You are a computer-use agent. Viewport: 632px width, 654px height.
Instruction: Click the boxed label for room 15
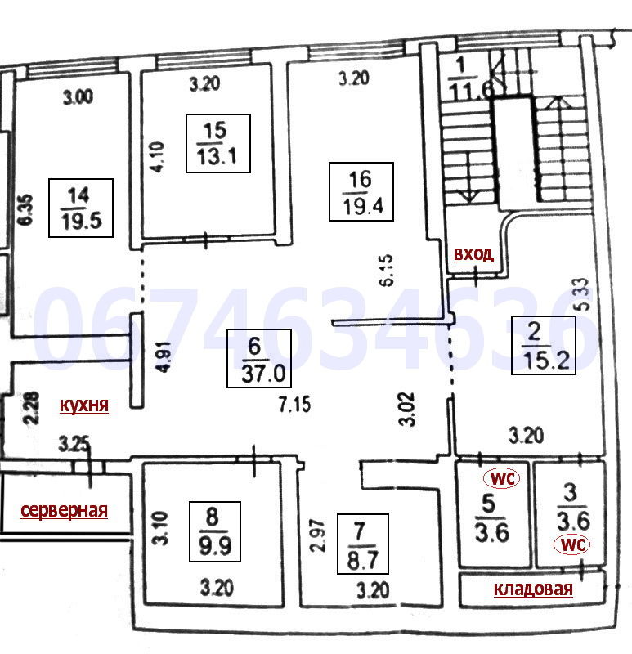(217, 143)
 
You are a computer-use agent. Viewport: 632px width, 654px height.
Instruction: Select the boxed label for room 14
(81, 208)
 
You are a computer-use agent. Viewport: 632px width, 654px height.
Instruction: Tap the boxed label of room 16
(361, 191)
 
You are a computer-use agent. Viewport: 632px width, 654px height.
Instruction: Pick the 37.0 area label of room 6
(263, 374)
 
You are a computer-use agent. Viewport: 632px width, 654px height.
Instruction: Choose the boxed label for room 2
(544, 345)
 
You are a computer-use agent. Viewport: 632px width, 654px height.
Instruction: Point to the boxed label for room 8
(215, 532)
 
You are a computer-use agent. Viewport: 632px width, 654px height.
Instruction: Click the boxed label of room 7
(362, 544)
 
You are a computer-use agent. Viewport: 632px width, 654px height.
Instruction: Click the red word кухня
(84, 405)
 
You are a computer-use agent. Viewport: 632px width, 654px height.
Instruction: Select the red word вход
(474, 253)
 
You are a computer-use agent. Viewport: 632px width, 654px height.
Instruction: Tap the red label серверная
(65, 510)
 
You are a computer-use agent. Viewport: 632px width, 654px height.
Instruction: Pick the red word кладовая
(533, 589)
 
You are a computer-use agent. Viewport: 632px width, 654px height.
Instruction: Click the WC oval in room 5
(501, 478)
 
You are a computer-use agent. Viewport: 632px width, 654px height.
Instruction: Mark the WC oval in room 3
(571, 544)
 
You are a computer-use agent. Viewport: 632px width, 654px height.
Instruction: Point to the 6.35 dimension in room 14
(26, 210)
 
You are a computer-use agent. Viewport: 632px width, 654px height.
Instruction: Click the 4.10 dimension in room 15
(158, 157)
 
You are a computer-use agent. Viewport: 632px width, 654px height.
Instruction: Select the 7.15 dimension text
(295, 405)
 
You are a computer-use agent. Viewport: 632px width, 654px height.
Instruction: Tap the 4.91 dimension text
(164, 357)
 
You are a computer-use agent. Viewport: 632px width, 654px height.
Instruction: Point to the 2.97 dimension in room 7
(318, 536)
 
